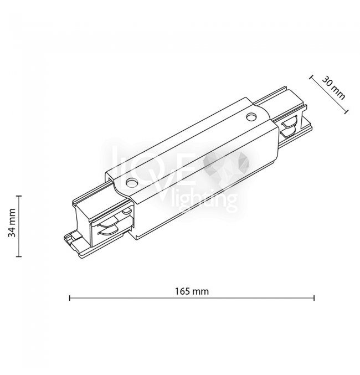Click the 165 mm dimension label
[192, 291]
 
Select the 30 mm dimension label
[333, 88]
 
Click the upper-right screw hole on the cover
[251, 117]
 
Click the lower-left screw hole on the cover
[132, 183]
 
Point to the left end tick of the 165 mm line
[70, 298]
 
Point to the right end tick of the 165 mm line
[314, 298]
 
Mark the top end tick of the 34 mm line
[19, 196]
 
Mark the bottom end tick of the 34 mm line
[19, 256]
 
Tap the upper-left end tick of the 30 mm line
[311, 77]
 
